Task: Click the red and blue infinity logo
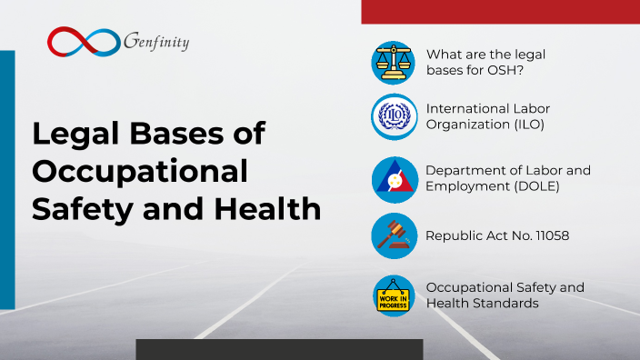(x=84, y=40)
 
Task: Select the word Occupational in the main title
(x=140, y=171)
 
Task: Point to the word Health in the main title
(x=273, y=209)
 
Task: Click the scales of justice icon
(x=394, y=63)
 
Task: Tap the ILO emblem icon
(x=394, y=116)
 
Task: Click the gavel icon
(x=394, y=235)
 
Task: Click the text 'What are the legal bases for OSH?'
(x=485, y=62)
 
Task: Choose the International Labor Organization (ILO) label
(x=487, y=116)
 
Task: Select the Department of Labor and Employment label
(x=508, y=178)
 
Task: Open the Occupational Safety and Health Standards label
(x=505, y=295)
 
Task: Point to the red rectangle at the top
(x=500, y=11)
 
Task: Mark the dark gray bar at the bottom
(x=279, y=349)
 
